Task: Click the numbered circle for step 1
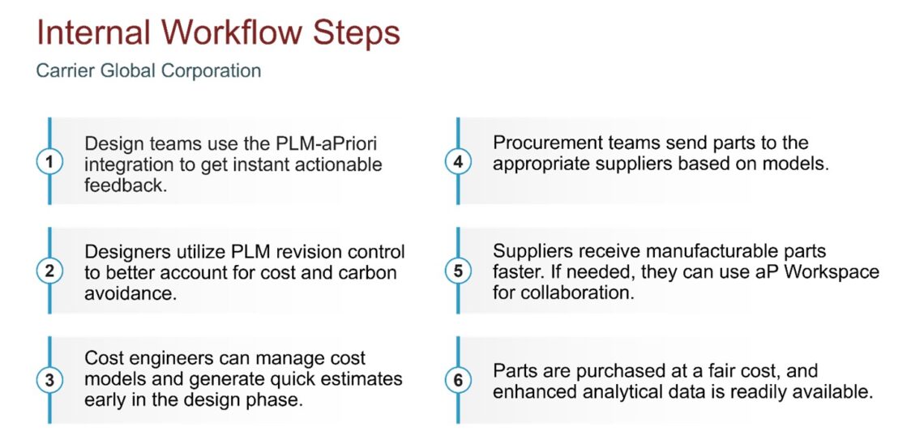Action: coord(49,162)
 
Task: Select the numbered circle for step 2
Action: coord(49,271)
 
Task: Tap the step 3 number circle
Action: coord(49,380)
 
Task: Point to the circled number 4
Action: coord(458,162)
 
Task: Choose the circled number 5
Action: coord(458,271)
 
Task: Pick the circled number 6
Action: coord(458,380)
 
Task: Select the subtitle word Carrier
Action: coord(63,71)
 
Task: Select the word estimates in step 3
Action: coord(361,379)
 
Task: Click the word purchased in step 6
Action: coord(600,371)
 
